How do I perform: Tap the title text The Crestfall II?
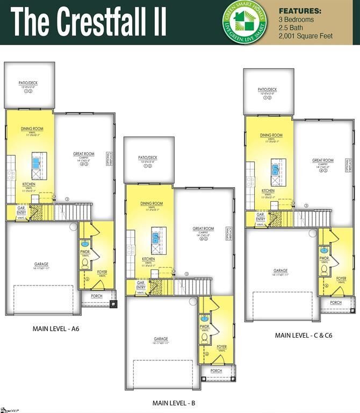[x=89, y=22]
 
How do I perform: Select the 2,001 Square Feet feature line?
[x=305, y=36]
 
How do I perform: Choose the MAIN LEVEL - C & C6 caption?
[x=304, y=335]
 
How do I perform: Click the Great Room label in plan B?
[x=203, y=229]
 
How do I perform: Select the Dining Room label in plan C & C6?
[x=271, y=136]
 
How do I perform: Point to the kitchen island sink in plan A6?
[x=37, y=160]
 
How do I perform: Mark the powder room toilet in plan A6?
[x=85, y=264]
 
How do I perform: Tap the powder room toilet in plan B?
[x=204, y=338]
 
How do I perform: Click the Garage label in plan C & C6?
[x=280, y=270]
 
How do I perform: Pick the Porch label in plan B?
[x=216, y=371]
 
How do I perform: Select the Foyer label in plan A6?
[x=102, y=272]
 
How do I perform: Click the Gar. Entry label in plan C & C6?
[x=261, y=217]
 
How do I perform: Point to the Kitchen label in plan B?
[x=149, y=259]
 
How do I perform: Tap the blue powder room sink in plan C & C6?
[x=324, y=250]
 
